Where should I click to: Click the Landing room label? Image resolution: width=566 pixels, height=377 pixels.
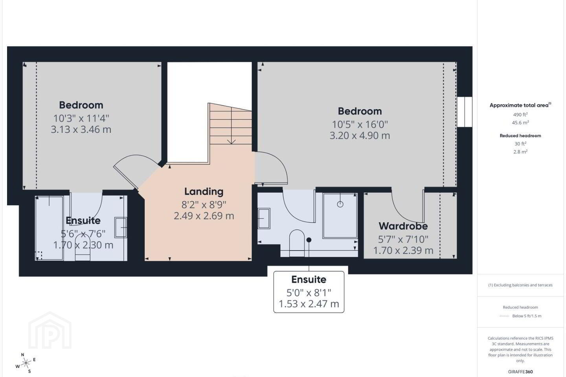coord(204,192)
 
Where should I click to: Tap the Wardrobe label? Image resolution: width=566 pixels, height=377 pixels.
coord(403,226)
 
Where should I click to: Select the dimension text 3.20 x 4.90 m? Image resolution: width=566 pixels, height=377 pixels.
coord(360,136)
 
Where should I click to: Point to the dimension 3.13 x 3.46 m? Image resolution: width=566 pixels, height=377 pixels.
coord(81,130)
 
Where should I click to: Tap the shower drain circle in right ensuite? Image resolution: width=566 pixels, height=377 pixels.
coord(340,204)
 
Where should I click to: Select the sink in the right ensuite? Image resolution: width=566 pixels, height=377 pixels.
coord(264,218)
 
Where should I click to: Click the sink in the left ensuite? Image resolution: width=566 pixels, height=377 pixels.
coord(121,227)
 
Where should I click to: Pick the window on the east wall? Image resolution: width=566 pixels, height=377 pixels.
coord(465,112)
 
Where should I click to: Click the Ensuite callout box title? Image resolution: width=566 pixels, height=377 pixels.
coord(309,280)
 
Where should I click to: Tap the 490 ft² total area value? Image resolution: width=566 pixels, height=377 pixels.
coord(520,115)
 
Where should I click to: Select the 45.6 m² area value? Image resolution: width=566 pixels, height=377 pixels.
coord(520,123)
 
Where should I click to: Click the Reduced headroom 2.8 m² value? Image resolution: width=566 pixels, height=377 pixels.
coord(520,152)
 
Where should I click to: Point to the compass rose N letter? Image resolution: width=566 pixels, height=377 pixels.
coord(22,355)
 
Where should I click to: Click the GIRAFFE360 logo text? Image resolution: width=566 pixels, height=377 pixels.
coord(520,372)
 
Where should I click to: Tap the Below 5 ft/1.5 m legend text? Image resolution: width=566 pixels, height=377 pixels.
coord(527,316)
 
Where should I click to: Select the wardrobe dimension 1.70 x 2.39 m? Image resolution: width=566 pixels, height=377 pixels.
coord(403,251)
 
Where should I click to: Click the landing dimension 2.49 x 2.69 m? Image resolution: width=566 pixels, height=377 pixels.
coord(204,216)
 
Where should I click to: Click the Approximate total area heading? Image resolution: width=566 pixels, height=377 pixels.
coord(520,105)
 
